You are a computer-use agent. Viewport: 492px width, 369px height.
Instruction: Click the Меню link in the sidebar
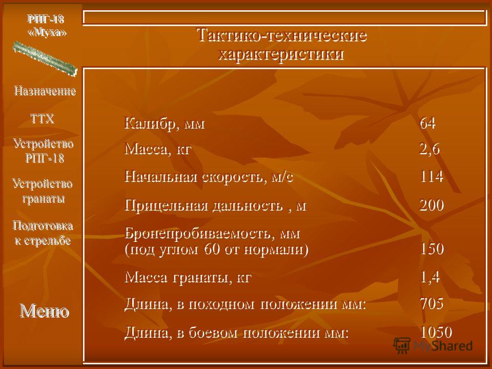(x=44, y=311)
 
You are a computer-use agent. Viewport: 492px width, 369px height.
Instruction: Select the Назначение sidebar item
(x=45, y=91)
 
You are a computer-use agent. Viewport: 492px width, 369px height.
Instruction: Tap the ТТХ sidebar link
(x=43, y=119)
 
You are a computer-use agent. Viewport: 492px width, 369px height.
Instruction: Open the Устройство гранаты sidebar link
(x=43, y=191)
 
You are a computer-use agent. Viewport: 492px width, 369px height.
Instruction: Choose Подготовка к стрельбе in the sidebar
(x=43, y=233)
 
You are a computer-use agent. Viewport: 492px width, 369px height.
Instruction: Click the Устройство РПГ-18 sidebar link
(x=44, y=151)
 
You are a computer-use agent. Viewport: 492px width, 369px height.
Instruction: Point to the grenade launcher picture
(x=45, y=58)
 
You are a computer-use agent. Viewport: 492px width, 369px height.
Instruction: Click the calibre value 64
(x=427, y=123)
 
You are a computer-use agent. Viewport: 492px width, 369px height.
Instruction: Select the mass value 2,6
(x=429, y=149)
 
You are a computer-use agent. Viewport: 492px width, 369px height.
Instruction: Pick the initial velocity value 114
(x=432, y=176)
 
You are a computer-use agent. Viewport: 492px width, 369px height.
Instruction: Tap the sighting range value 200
(x=432, y=205)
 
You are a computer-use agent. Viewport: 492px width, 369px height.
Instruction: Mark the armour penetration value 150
(x=432, y=249)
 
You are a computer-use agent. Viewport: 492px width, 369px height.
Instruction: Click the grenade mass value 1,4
(x=430, y=277)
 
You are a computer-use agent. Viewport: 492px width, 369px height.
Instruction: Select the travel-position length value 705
(x=432, y=303)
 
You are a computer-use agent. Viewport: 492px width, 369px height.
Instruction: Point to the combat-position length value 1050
(x=436, y=332)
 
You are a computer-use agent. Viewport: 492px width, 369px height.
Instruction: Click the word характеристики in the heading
(x=281, y=54)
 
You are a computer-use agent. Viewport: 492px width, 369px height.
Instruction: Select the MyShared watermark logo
(x=433, y=346)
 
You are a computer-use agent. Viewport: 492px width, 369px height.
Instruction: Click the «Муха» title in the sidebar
(x=47, y=32)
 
